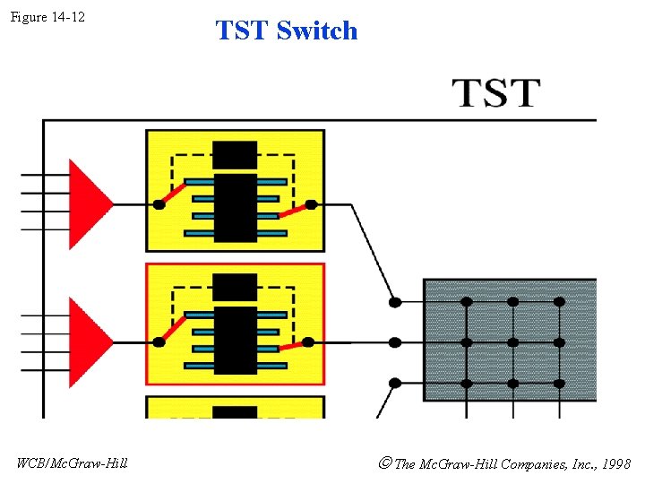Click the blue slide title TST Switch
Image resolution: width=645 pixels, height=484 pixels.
tap(287, 30)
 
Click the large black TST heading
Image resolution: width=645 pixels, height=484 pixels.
tap(496, 92)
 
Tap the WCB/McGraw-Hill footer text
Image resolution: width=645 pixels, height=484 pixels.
tap(73, 462)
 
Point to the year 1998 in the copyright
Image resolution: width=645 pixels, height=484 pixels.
tap(615, 463)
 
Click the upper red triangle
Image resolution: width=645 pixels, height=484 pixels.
tap(89, 204)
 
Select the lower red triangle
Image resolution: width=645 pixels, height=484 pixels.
tap(89, 341)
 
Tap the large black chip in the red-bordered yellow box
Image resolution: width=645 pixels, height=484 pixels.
tap(235, 341)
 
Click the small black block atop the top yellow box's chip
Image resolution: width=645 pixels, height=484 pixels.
tap(235, 154)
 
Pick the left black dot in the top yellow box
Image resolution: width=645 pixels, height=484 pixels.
tap(159, 204)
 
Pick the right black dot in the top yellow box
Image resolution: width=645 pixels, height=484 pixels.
tap(311, 204)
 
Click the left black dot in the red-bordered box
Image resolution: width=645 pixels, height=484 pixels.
tap(159, 341)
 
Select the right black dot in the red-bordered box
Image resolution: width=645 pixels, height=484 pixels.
tap(308, 341)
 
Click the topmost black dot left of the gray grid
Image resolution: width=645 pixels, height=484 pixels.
tap(394, 302)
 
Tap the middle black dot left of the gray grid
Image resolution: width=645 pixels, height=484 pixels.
tap(394, 341)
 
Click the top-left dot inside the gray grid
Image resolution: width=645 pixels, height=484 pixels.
tap(467, 302)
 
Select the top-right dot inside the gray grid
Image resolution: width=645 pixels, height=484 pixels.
tap(559, 302)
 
